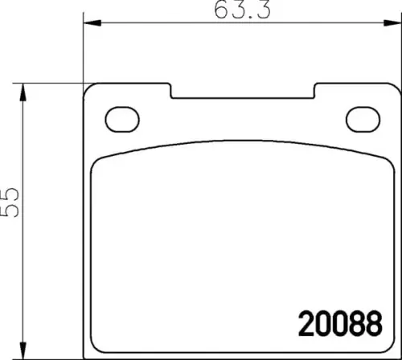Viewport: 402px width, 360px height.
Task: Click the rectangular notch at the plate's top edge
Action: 241,92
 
